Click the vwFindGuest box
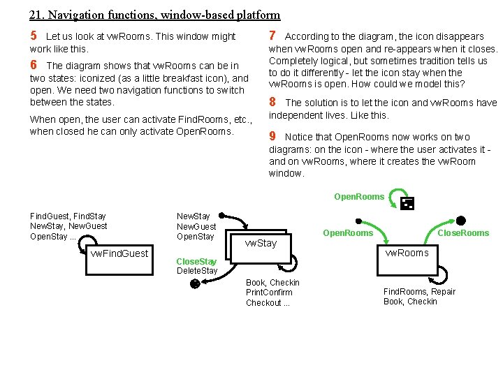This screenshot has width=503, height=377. pos(119,253)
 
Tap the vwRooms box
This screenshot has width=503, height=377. pos(407,253)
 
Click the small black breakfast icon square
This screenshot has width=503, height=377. pos(408,203)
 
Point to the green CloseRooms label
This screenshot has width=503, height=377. pos(463,232)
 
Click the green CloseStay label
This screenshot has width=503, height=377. pos(196,261)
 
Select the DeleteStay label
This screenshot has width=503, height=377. pos(197,271)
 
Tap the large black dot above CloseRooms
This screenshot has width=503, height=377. pos(460,221)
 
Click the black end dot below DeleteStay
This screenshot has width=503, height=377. pos(196,283)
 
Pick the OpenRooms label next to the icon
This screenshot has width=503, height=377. pos(359,197)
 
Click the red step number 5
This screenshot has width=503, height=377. pos(34,36)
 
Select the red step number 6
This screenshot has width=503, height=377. pos(34,65)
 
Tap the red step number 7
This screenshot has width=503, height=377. pos(272,36)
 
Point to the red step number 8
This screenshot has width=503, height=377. pos(272,102)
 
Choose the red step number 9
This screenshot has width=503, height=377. pos(272,136)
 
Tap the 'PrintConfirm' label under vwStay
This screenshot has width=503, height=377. pos(269,293)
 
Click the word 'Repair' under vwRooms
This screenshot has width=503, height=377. pos(443,291)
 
